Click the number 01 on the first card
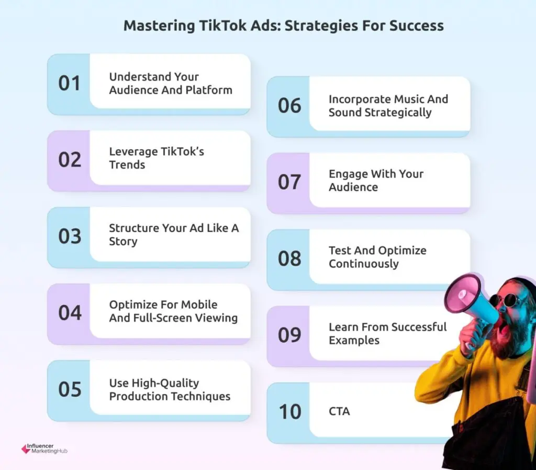pyautogui.click(x=69, y=83)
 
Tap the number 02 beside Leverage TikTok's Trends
pyautogui.click(x=70, y=159)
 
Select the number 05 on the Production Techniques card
pyautogui.click(x=70, y=389)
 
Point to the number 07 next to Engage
pyautogui.click(x=289, y=182)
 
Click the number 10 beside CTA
pyautogui.click(x=290, y=411)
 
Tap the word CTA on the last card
pyautogui.click(x=339, y=411)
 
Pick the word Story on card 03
pyautogui.click(x=123, y=242)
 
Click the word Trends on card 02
pyautogui.click(x=127, y=165)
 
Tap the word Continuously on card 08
pyautogui.click(x=364, y=264)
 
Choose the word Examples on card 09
pyautogui.click(x=354, y=341)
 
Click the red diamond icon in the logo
pyautogui.click(x=26, y=449)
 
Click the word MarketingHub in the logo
pyautogui.click(x=49, y=451)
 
